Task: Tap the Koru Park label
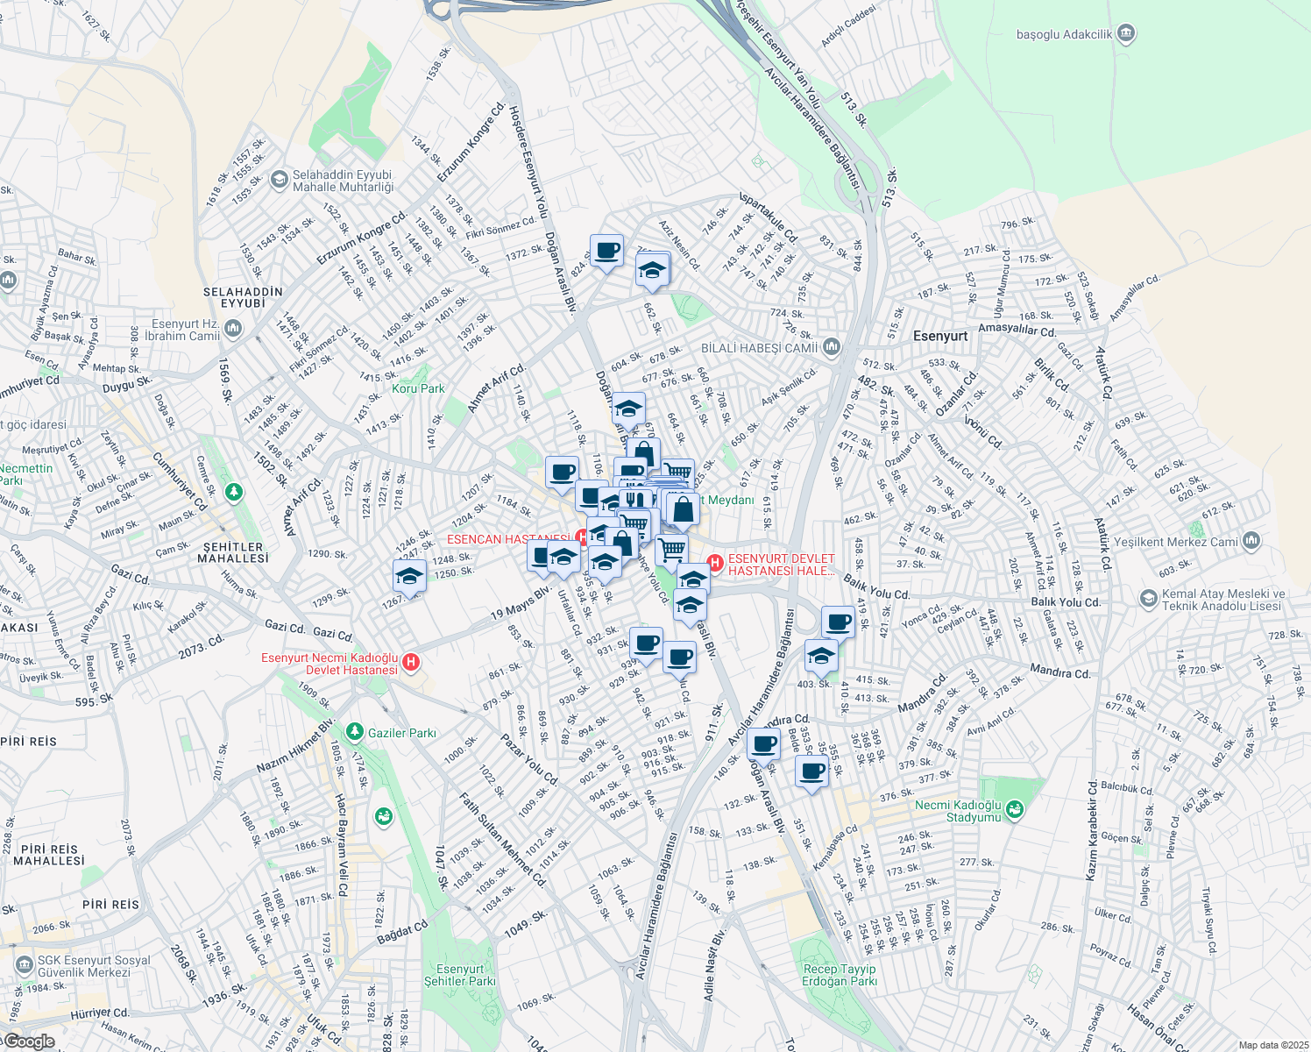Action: (x=418, y=388)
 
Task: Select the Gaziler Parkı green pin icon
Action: (x=354, y=731)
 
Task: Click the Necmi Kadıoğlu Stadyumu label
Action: (x=957, y=811)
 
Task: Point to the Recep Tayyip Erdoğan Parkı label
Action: (x=839, y=975)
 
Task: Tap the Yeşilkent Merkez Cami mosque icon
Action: (x=1251, y=540)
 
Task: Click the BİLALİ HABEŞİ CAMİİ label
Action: (x=759, y=348)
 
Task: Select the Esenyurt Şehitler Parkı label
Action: (x=459, y=975)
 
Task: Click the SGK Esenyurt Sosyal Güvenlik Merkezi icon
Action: (x=24, y=965)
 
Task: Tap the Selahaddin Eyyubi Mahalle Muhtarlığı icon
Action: (x=279, y=181)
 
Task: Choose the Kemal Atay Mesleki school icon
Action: (x=1148, y=599)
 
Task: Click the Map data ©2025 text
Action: (x=1273, y=1045)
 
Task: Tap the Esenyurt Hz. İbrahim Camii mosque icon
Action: (x=233, y=329)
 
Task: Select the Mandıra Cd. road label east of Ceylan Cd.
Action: (x=1059, y=673)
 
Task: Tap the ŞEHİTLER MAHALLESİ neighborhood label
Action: (x=233, y=552)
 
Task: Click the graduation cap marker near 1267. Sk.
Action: (x=409, y=577)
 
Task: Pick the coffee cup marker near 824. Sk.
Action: (x=606, y=252)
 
